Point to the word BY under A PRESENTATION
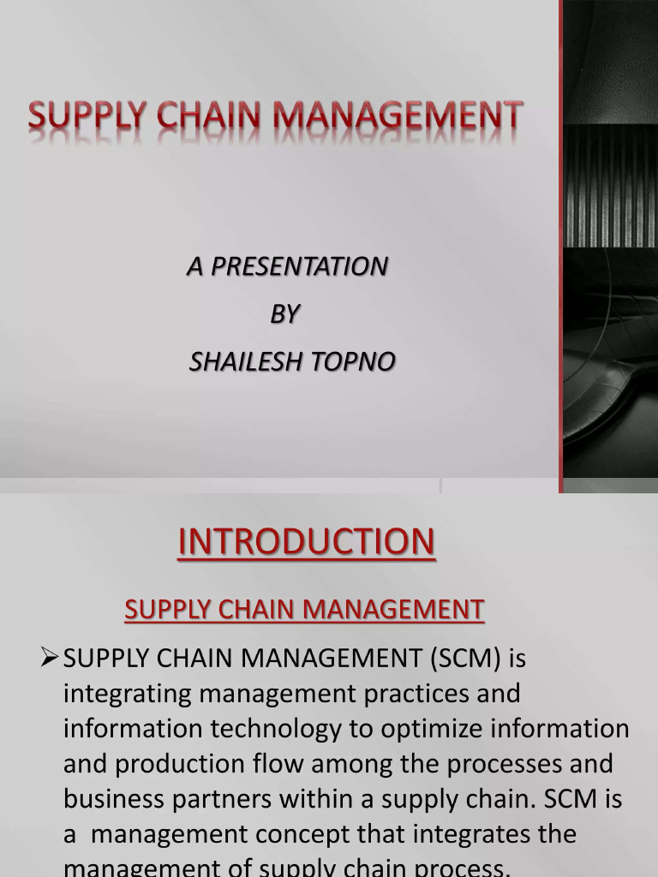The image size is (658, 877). click(284, 314)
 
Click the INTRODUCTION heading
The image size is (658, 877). click(306, 542)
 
